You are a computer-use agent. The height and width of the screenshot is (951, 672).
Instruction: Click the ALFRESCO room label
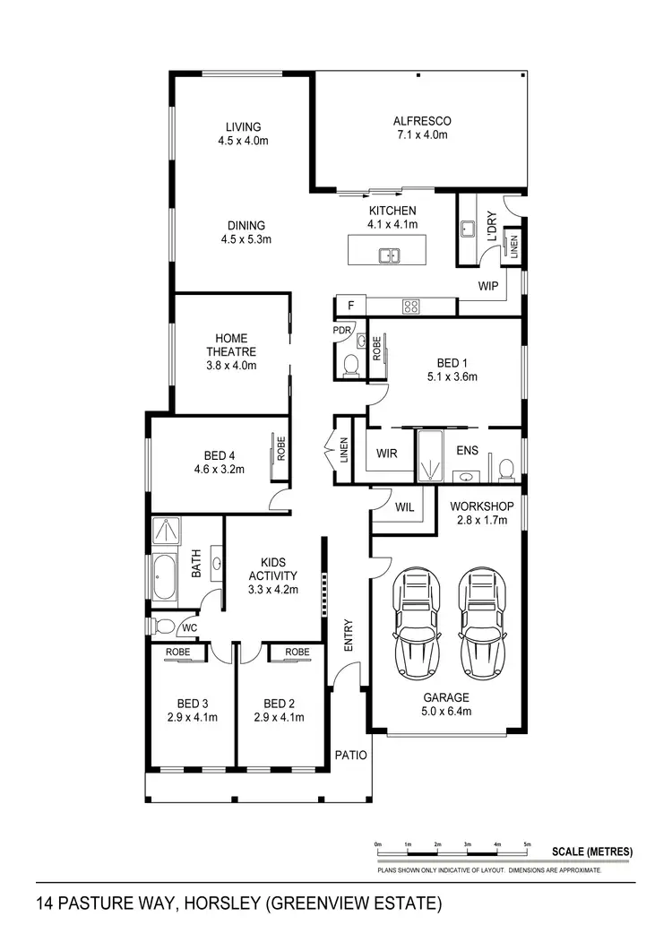(x=421, y=121)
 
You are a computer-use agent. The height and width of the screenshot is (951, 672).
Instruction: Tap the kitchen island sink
(x=390, y=256)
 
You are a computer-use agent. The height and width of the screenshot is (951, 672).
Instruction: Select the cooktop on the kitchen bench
(x=411, y=307)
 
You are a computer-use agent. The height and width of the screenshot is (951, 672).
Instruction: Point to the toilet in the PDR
(x=351, y=364)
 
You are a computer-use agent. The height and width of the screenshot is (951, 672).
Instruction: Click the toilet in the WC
(x=162, y=626)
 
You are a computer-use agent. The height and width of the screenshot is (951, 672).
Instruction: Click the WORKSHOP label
(x=478, y=506)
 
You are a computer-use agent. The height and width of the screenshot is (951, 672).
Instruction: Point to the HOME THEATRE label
(x=232, y=345)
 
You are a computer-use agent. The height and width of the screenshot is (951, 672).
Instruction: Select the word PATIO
(x=351, y=755)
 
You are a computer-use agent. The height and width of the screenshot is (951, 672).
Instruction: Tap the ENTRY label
(x=349, y=635)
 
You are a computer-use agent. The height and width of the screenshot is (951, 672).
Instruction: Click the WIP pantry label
(x=487, y=287)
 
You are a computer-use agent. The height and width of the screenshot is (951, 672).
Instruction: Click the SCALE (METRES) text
(x=592, y=851)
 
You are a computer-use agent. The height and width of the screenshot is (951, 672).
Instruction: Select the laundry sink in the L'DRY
(x=468, y=229)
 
